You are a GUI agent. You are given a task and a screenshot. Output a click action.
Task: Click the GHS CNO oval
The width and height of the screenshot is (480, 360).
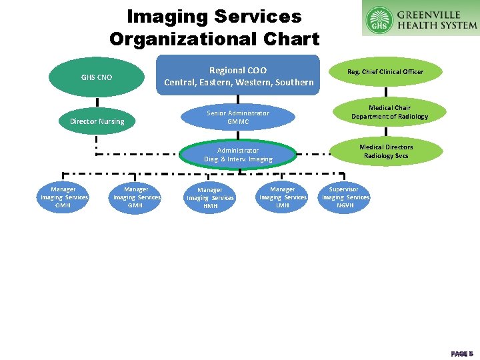coord(97,77)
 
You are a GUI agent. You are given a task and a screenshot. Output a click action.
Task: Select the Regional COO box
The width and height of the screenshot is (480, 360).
coord(238,76)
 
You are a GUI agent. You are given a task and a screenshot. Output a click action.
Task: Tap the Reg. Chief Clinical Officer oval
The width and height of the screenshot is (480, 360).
coord(385,72)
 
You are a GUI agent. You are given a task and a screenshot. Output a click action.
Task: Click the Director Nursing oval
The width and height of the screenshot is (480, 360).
coord(97,121)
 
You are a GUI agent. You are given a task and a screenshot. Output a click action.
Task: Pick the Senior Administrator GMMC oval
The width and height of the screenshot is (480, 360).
coord(238,117)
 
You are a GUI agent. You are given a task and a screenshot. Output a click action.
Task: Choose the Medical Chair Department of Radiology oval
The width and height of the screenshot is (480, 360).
coord(389,112)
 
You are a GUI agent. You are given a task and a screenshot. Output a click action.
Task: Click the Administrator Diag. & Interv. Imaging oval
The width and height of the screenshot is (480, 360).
coord(238,155)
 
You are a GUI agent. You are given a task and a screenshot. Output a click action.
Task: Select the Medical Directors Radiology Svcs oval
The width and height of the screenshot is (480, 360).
coord(386,151)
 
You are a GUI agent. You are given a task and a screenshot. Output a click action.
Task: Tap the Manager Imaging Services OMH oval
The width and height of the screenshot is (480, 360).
coord(63,197)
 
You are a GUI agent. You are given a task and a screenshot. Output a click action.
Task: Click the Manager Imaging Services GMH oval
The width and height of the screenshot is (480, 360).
coord(137,197)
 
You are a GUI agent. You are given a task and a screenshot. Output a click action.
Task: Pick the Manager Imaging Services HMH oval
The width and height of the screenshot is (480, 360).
coord(210,198)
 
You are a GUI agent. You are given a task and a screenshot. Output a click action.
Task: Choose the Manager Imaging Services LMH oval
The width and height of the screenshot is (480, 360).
coord(283,197)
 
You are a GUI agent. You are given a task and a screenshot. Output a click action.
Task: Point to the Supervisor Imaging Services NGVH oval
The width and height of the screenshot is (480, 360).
coord(345,197)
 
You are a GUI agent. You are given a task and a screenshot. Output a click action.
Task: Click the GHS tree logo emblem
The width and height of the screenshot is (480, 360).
coord(380,19)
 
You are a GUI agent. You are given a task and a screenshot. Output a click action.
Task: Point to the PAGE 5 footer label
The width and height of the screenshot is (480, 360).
coord(461,353)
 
